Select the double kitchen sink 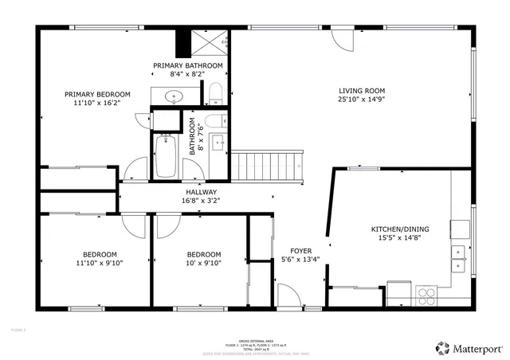(458, 253)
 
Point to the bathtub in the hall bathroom (167, 156)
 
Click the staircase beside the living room (269, 165)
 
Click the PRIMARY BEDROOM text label (97, 94)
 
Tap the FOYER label (300, 250)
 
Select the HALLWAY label (202, 192)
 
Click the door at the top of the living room (343, 37)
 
